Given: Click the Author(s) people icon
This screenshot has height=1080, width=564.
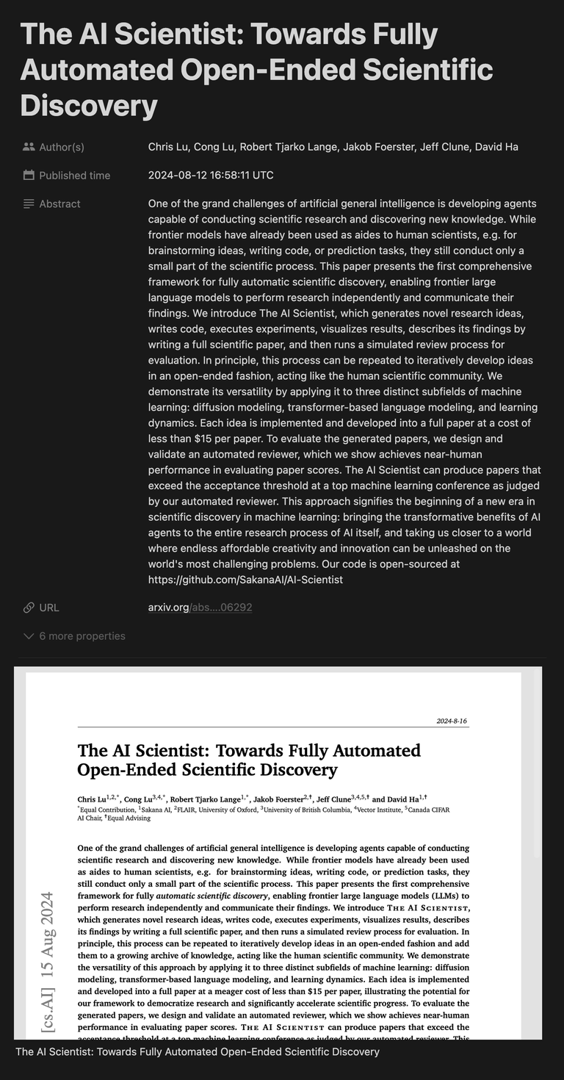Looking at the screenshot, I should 29,147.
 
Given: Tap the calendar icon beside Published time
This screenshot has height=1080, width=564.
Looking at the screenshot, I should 29,176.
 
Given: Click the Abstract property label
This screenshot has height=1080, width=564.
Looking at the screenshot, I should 59,204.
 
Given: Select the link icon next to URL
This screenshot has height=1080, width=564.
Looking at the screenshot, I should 29,608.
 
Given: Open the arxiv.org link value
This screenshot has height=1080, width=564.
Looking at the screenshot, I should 200,608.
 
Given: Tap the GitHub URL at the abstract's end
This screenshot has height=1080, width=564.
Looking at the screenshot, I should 245,580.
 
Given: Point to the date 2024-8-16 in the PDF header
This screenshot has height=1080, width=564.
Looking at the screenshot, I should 452,721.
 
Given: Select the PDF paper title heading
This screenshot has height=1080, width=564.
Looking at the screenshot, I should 249,760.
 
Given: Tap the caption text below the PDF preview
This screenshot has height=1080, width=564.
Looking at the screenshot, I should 197,1052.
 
